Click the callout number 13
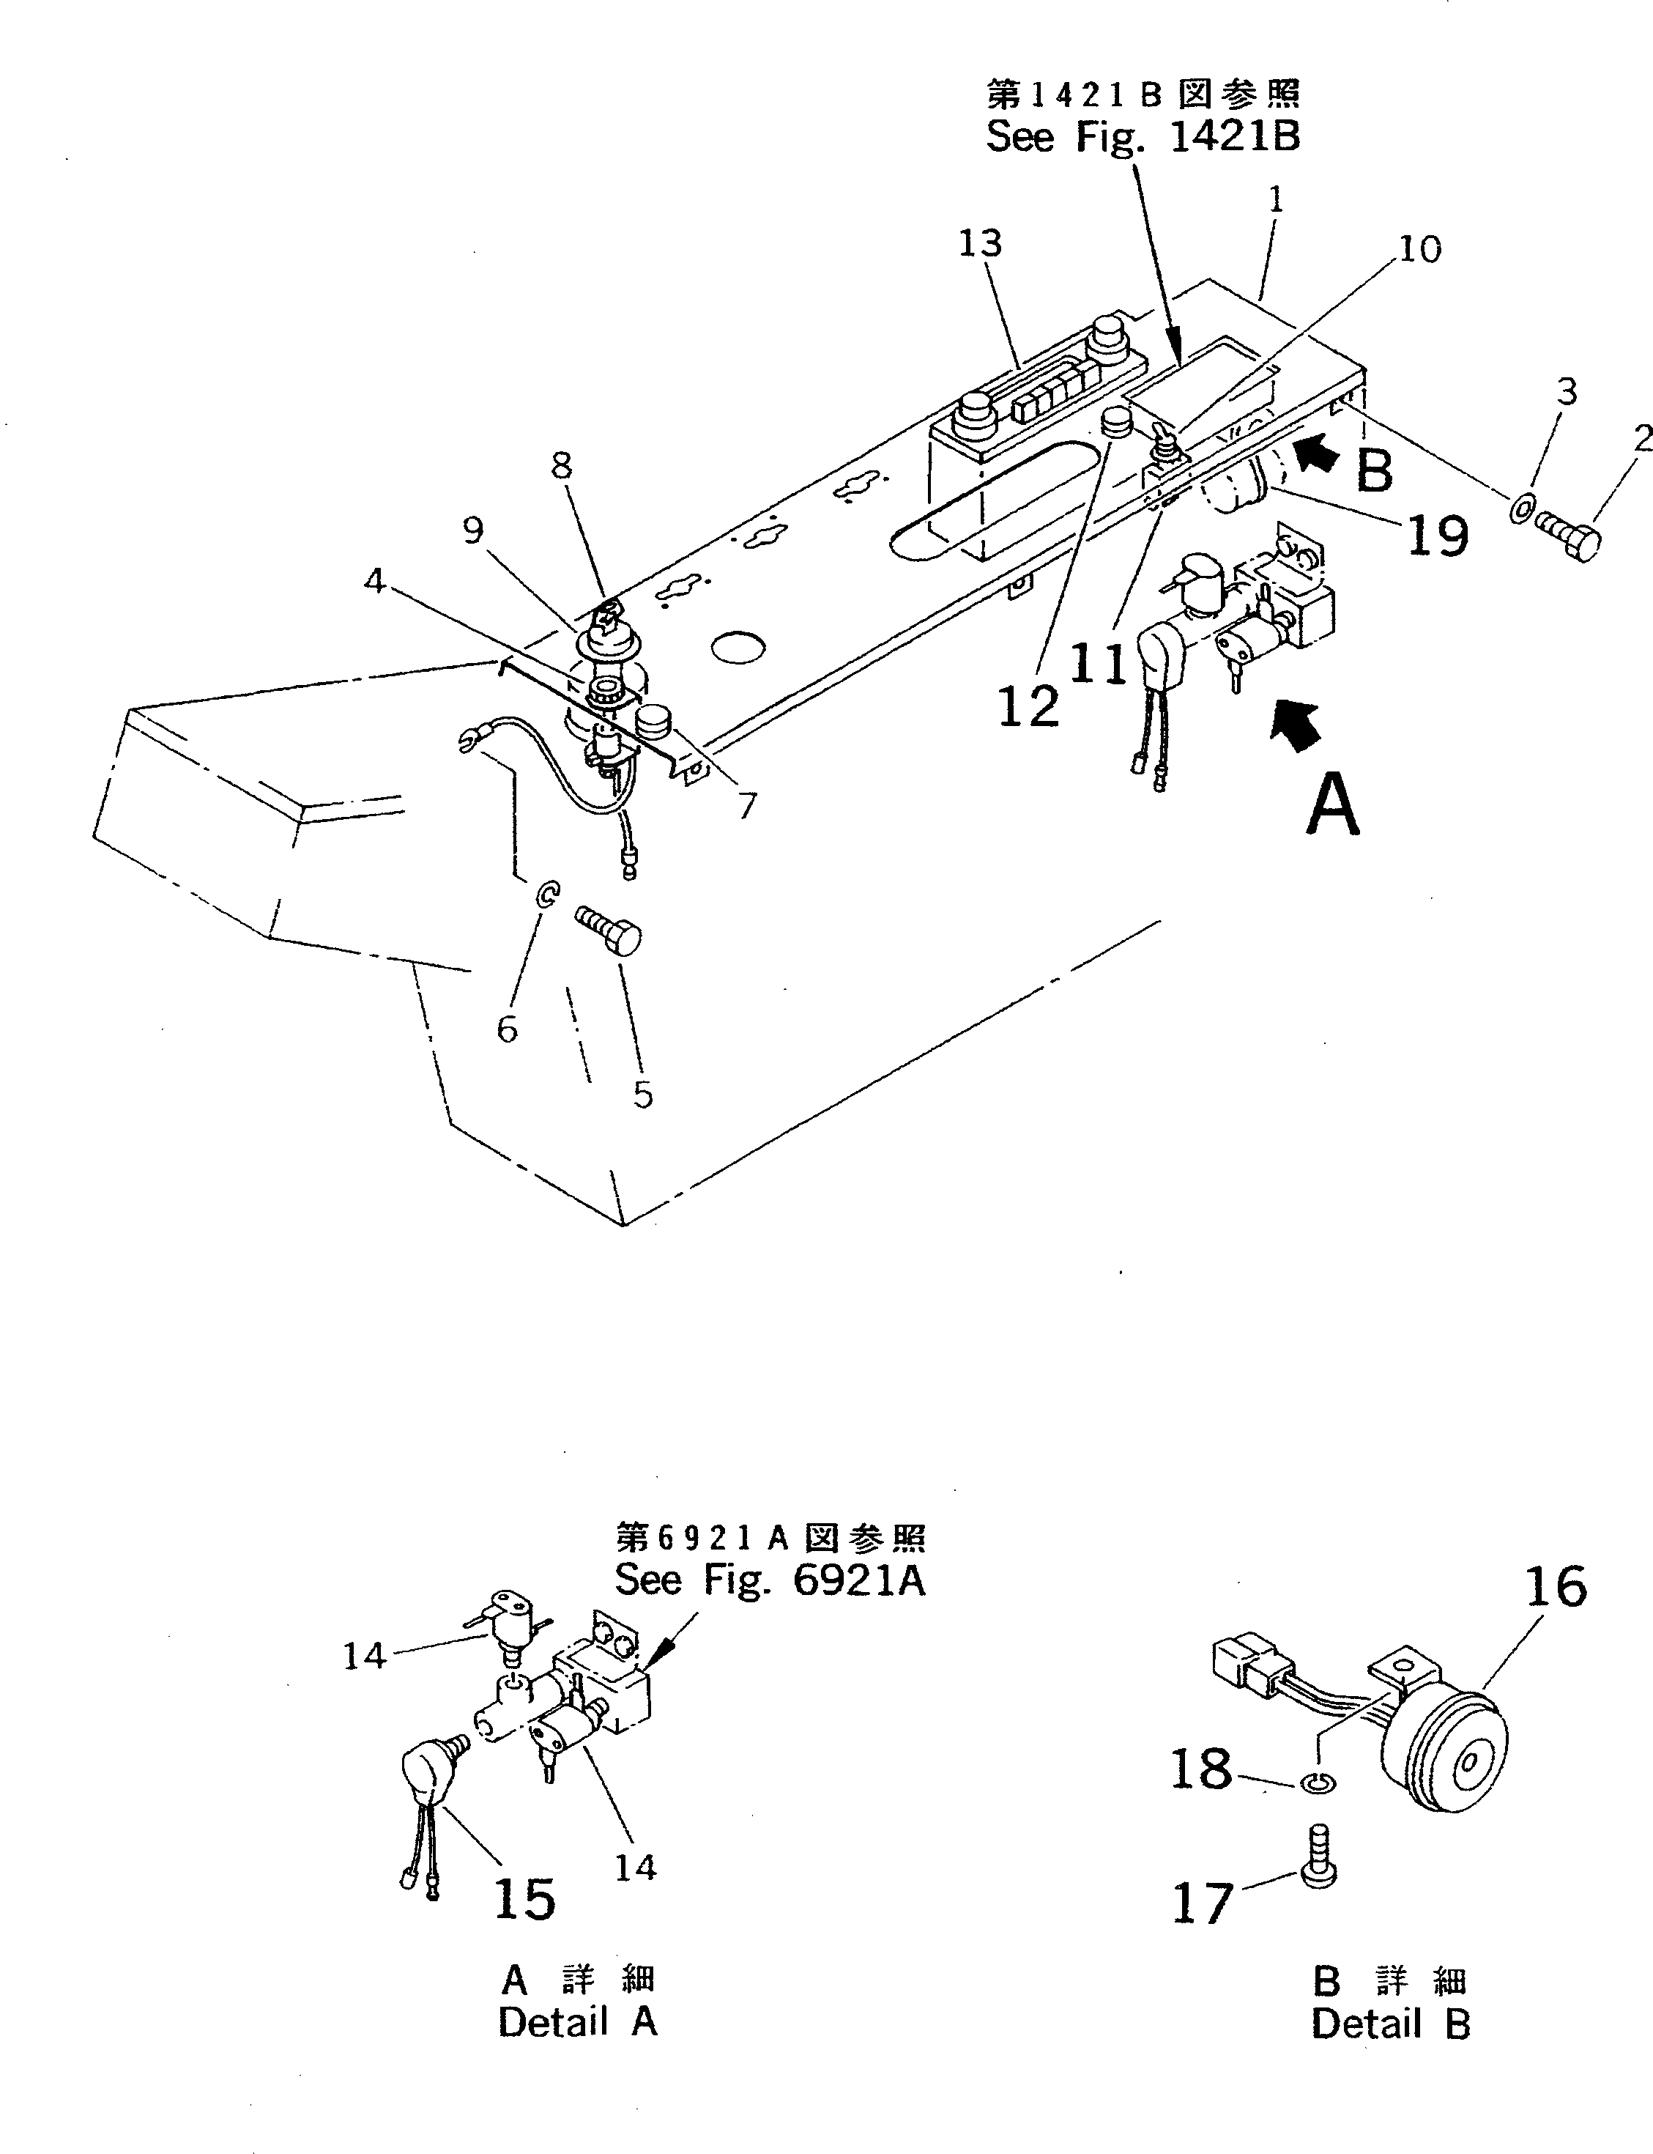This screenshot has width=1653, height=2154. (980, 244)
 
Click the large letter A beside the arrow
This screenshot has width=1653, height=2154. (1333, 805)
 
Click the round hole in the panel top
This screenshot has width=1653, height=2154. (738, 646)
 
